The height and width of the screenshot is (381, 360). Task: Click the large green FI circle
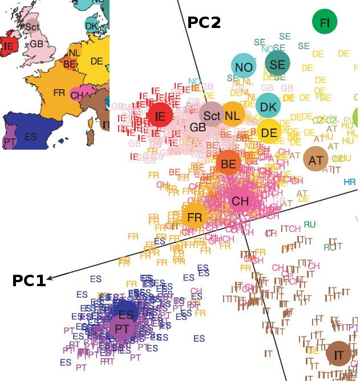click(x=325, y=22)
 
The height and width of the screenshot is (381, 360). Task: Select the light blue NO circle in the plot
click(x=244, y=67)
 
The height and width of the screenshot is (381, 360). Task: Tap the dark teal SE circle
click(x=277, y=64)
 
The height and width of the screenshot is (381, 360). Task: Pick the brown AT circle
click(x=315, y=160)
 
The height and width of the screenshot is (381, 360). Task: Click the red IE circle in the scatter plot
click(x=160, y=116)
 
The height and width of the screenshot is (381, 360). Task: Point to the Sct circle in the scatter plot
click(x=212, y=115)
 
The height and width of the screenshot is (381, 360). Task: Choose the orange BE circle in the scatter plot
click(x=228, y=164)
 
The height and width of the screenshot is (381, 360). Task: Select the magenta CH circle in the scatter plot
click(x=240, y=200)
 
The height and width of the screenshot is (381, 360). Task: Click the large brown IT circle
click(x=339, y=355)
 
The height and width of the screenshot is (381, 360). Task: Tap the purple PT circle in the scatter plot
click(x=122, y=329)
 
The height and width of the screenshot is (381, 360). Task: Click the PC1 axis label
click(x=29, y=280)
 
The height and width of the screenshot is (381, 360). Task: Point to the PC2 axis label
click(x=204, y=22)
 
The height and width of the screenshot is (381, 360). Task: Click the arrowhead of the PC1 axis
click(x=50, y=278)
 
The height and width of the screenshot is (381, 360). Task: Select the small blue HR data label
click(x=350, y=182)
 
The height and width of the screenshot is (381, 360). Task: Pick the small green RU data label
click(x=310, y=224)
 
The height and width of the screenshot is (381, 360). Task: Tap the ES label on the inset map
click(x=31, y=137)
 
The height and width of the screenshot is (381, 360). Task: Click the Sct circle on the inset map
click(x=31, y=25)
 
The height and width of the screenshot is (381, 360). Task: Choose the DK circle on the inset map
click(x=91, y=25)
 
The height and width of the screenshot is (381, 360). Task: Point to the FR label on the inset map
click(x=59, y=92)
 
